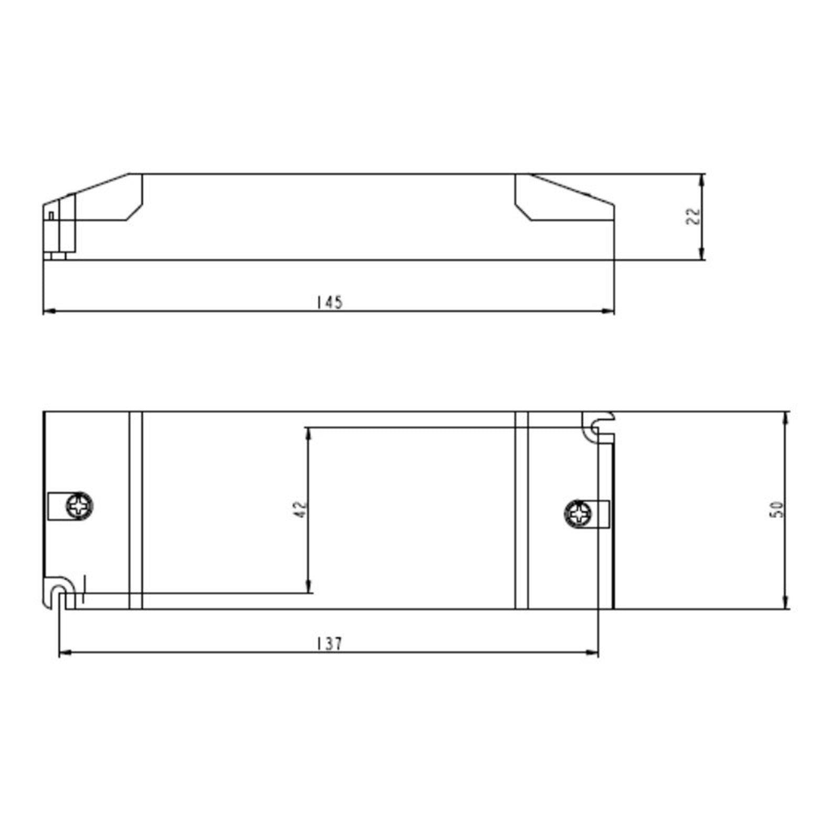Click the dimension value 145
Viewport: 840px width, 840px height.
(330, 302)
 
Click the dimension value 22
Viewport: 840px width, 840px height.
(694, 216)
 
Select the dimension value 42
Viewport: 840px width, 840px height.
(300, 509)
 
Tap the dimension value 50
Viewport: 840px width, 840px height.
(776, 509)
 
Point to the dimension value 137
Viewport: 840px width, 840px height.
(330, 644)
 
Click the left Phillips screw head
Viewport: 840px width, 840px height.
(79, 506)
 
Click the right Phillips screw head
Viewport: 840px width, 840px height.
(578, 513)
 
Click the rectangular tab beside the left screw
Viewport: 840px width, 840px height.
(56, 506)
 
